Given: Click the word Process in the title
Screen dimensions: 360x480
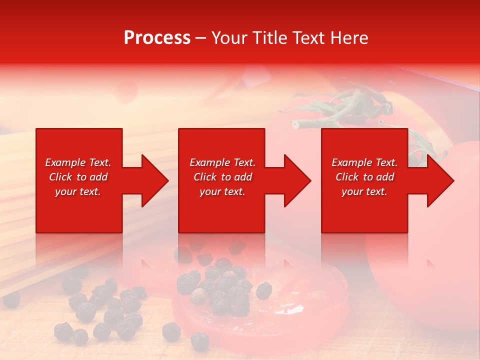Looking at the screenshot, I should point(157,38).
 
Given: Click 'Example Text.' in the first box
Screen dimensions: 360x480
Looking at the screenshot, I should point(78,162).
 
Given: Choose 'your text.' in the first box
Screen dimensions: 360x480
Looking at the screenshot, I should point(78,191).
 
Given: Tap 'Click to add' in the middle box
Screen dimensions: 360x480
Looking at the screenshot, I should point(222,177).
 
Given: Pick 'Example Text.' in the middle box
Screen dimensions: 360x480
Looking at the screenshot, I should point(222,162).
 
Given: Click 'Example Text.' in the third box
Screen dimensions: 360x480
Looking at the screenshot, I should point(364,162).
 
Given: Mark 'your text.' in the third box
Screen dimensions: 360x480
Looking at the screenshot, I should point(364,191).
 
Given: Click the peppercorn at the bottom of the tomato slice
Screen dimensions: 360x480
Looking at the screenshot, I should point(200,340).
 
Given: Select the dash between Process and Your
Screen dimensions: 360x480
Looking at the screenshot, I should point(201,38).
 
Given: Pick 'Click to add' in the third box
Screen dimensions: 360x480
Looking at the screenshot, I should point(364,177).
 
